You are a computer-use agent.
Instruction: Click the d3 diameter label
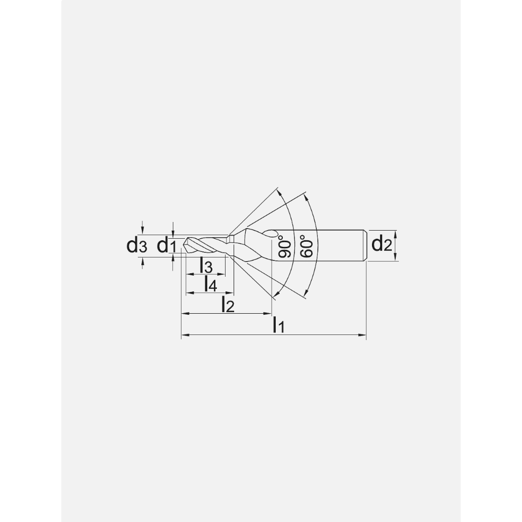136,246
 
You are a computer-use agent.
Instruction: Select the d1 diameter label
166,246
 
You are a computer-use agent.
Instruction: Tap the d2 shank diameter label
382,244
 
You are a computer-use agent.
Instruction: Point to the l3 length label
205,265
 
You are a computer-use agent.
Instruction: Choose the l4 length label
210,284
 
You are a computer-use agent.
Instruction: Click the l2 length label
228,305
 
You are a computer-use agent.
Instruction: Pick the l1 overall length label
278,325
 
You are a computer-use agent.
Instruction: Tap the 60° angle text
307,246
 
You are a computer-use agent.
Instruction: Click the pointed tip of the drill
184,246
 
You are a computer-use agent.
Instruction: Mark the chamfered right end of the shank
364,246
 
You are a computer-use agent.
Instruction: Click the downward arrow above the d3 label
143,231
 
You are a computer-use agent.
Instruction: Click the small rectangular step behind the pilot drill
230,238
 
